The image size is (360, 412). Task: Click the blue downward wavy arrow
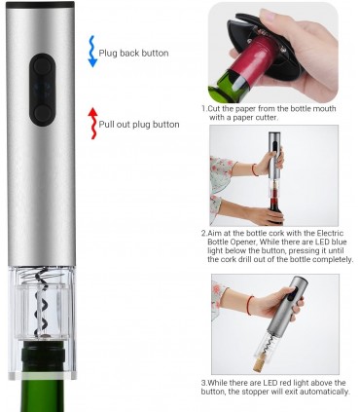pos(92,52)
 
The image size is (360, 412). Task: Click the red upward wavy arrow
pos(93,124)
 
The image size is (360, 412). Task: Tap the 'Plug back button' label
pos(133,54)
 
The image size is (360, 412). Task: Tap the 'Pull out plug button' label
pos(139,125)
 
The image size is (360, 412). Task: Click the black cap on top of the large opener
pos(40,5)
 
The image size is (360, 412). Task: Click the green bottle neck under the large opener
pos(44,377)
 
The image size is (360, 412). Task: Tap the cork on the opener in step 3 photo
pos(261,363)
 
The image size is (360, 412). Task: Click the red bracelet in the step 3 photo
pos(249,305)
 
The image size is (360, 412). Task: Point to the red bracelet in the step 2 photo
pos(255,169)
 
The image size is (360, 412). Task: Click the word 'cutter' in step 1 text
pos(267,117)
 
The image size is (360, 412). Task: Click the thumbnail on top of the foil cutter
pos(269,16)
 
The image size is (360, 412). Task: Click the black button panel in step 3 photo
pos(293,295)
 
